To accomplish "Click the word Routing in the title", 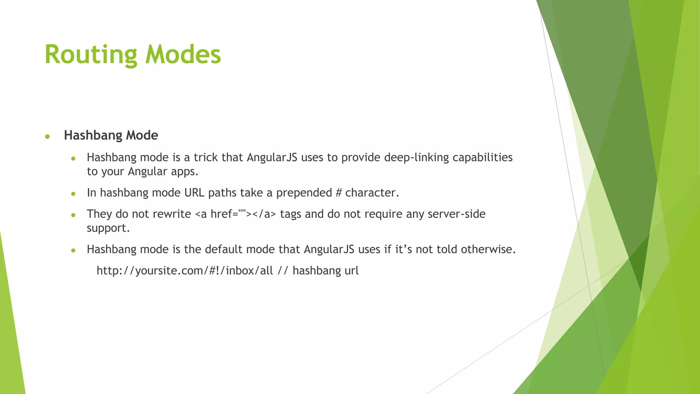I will pyautogui.click(x=91, y=55).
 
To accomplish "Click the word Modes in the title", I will pyautogui.click(x=183, y=55).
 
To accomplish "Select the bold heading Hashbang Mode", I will pyautogui.click(x=111, y=135).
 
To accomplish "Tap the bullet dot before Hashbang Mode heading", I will pyautogui.click(x=48, y=137).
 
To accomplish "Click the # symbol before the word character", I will pyautogui.click(x=338, y=193).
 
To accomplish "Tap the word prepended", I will pyautogui.click(x=304, y=193).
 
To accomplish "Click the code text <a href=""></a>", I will pyautogui.click(x=235, y=214).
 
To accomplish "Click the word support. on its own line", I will pyautogui.click(x=108, y=228).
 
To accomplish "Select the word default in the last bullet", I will pyautogui.click(x=224, y=249).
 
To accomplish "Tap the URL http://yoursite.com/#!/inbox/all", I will pyautogui.click(x=185, y=271).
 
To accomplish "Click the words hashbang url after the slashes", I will pyautogui.click(x=325, y=271).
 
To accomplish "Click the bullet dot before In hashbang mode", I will pyautogui.click(x=73, y=194).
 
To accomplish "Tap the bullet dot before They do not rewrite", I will pyautogui.click(x=73, y=215).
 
